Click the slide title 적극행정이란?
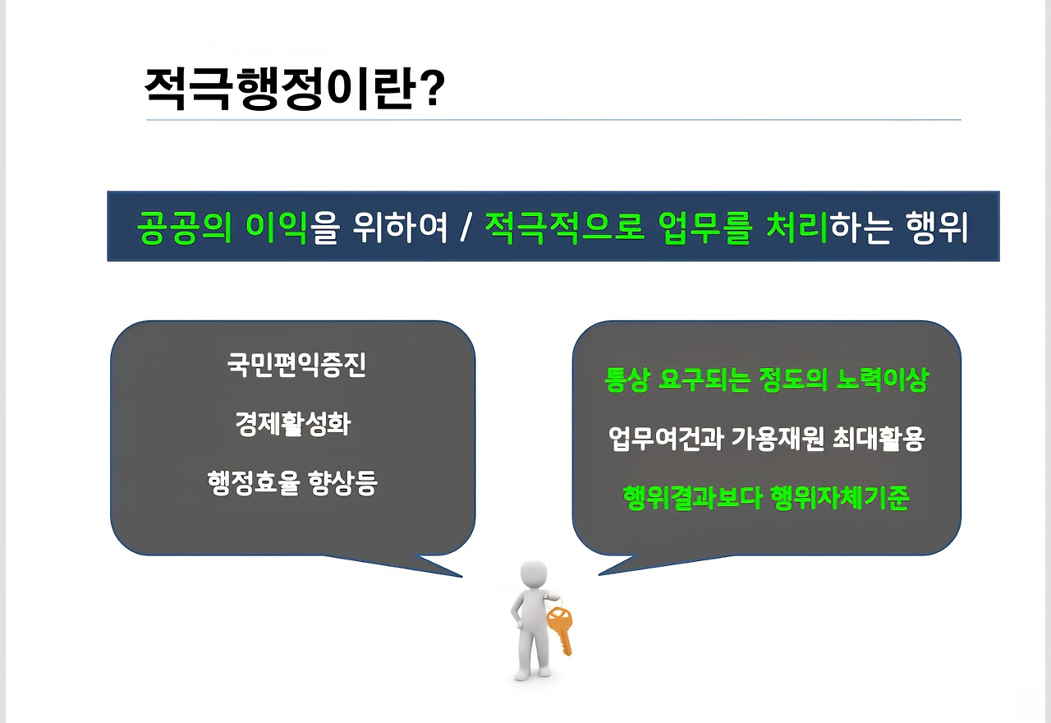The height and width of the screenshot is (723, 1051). pos(295,88)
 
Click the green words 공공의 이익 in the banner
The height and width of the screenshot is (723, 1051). pos(222,228)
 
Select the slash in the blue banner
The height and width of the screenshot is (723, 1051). pos(466,227)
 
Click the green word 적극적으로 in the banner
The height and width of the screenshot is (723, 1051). pos(564,228)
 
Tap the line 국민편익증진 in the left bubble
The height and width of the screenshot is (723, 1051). pos(296,366)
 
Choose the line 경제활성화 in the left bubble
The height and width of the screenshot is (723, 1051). pos(293,423)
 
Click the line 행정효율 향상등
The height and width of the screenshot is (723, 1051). pos(292,482)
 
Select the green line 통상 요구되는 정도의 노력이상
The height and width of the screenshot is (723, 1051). pos(767,380)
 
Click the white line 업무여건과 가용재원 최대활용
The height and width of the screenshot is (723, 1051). pos(767,439)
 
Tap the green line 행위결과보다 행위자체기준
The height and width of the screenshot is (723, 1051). pos(767,498)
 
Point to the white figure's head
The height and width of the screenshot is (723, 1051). pos(534,576)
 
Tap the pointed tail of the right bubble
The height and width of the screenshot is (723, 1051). pos(600,573)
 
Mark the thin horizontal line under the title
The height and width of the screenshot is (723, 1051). pos(553,120)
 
